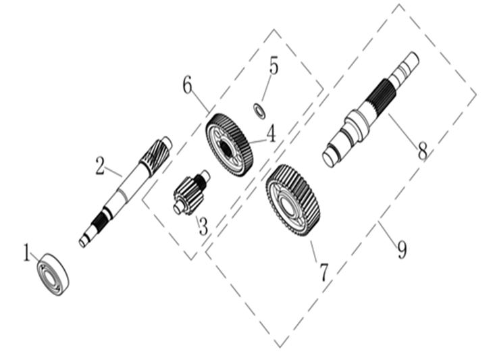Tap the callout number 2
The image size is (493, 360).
click(100, 166)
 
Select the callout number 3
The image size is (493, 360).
click(203, 226)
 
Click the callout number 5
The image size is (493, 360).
click(274, 66)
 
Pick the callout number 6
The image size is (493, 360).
click(187, 85)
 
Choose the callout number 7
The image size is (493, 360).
click(324, 272)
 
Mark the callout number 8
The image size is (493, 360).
click(423, 151)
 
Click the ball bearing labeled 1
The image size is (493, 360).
click(53, 274)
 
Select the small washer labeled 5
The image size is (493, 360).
click(259, 111)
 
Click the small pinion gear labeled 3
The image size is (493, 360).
click(191, 192)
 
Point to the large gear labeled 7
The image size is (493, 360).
click(293, 200)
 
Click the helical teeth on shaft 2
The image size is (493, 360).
click(155, 156)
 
